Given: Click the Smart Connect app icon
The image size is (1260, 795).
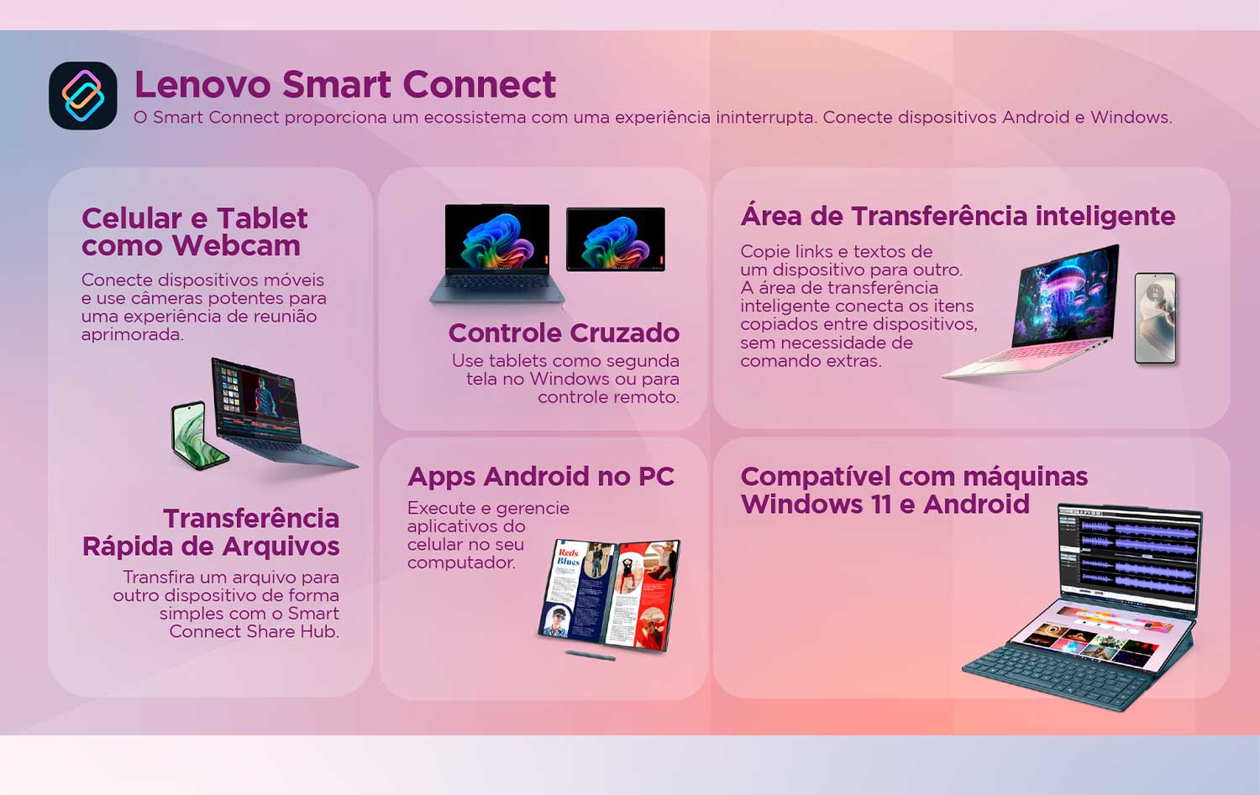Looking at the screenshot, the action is point(83,96).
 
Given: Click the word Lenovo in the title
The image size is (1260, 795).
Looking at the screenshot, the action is point(202,84).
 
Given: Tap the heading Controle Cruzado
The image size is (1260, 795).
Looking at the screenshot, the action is point(564,332).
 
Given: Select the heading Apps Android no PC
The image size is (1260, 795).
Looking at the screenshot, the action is point(541,477).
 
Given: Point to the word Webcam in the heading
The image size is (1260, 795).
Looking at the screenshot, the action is point(236,246).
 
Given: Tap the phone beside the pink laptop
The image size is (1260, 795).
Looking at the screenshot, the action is point(1155,318).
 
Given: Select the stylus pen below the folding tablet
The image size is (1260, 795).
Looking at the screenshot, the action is point(590,655).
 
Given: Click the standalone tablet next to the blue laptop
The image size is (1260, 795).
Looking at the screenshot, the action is point(616,239).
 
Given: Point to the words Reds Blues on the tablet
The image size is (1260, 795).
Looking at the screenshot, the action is point(568,557).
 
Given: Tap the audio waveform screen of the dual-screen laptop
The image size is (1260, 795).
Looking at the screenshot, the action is point(1130,554).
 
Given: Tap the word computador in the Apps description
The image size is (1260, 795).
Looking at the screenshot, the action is point(461,562).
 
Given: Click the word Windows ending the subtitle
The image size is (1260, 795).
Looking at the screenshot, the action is point(1131,118).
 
